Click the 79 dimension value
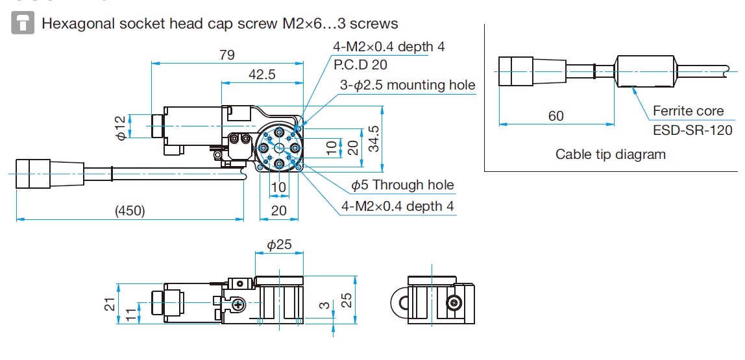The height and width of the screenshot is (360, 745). tap(226, 54)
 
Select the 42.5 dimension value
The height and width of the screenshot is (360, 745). tap(262, 75)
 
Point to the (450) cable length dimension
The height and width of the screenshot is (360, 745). tap(130, 211)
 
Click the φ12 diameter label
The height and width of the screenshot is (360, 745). tap(120, 127)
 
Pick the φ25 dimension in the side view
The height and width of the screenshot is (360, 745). tap(279, 245)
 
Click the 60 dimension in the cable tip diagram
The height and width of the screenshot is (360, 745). tap(556, 116)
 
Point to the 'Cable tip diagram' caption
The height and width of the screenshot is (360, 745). tap(611, 154)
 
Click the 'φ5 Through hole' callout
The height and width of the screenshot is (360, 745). tap(402, 186)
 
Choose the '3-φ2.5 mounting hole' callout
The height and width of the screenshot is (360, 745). tap(408, 85)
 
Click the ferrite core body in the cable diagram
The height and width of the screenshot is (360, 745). tap(645, 71)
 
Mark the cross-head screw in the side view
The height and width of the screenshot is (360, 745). tap(239, 305)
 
